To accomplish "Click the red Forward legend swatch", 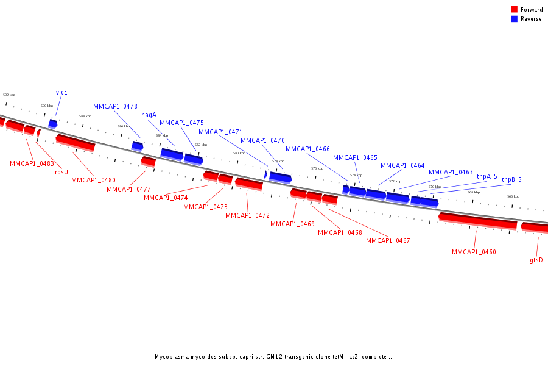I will [x=515, y=9].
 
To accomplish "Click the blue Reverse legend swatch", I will [x=515, y=19].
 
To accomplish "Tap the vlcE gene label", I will [x=61, y=92].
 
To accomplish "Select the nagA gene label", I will [x=149, y=115].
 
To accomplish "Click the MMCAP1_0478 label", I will [x=115, y=106].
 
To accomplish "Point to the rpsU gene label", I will [x=61, y=172].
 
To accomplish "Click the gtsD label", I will [x=536, y=260].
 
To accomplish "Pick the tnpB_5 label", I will [x=511, y=180].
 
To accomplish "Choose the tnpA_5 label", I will [x=487, y=176].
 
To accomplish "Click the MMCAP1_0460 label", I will [x=474, y=252].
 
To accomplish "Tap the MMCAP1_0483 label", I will [x=32, y=163].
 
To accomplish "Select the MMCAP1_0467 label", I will [x=388, y=240].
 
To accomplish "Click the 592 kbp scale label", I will [x=9, y=95].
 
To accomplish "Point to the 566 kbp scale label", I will [x=513, y=196].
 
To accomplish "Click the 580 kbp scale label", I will [x=239, y=153].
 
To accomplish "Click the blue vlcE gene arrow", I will [x=53, y=123].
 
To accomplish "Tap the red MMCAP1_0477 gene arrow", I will [x=148, y=160].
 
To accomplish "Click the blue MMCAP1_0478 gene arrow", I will [x=137, y=146].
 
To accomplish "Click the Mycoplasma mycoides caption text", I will [x=274, y=357].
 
